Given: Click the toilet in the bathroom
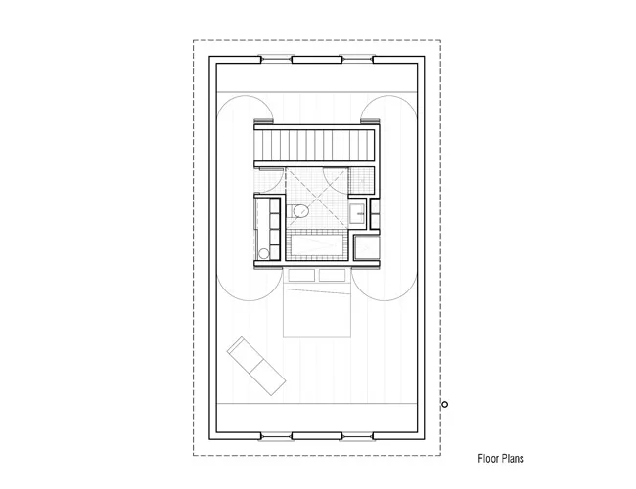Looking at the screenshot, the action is pyautogui.click(x=298, y=211).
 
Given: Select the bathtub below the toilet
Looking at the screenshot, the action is pyautogui.click(x=316, y=244).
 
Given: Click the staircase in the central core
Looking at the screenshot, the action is pyautogui.click(x=315, y=145).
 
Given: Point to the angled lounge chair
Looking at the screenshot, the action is pyautogui.click(x=256, y=366).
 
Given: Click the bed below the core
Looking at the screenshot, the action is pyautogui.click(x=316, y=302).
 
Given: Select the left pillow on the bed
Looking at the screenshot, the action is pyautogui.click(x=301, y=276).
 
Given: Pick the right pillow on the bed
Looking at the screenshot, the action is pyautogui.click(x=333, y=276).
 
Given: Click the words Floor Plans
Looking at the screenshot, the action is pyautogui.click(x=501, y=459).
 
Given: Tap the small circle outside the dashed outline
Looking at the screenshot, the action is pyautogui.click(x=444, y=404).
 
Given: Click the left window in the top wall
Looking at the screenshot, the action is pyautogui.click(x=276, y=60).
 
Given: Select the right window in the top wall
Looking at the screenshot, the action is pyautogui.click(x=357, y=60).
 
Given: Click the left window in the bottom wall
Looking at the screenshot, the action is pyautogui.click(x=276, y=437).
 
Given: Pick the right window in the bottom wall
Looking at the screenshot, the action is pyautogui.click(x=357, y=437).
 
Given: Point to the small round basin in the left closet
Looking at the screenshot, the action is pyautogui.click(x=263, y=254).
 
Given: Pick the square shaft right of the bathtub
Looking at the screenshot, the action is pyautogui.click(x=366, y=247).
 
